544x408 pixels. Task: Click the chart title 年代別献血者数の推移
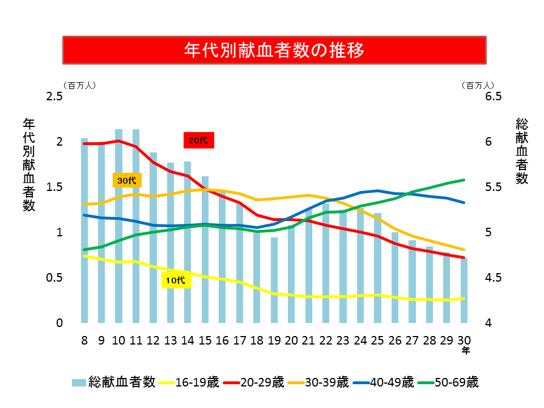[x=274, y=50]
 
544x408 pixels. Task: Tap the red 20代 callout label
[x=198, y=141]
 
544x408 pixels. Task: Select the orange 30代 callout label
[x=127, y=181]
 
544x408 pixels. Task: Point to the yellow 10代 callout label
[x=176, y=280]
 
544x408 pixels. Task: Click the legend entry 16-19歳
[x=189, y=382]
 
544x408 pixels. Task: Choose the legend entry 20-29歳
[x=254, y=382]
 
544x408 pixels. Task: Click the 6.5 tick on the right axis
[x=494, y=96]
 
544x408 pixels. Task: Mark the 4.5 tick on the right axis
[x=494, y=278]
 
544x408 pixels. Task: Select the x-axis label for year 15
[x=205, y=340]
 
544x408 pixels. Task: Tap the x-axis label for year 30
[x=464, y=340]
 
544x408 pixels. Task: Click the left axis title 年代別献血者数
[x=29, y=164]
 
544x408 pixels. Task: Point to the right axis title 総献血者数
[x=522, y=151]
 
